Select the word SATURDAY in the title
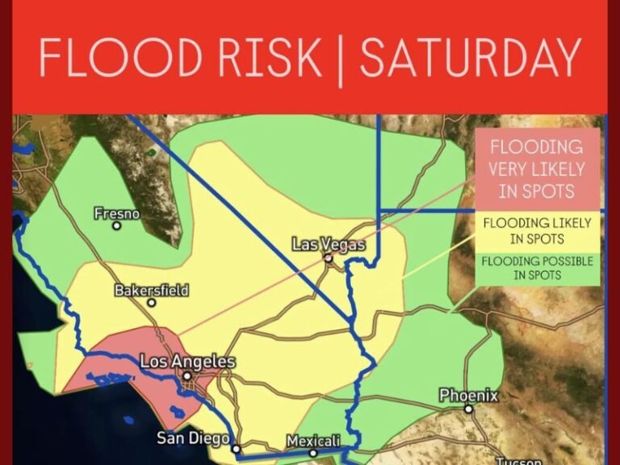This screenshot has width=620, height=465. pos(471,57)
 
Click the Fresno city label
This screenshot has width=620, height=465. pos(116,214)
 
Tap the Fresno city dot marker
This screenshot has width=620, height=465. pos(117,226)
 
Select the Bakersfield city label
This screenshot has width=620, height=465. pos(152,290)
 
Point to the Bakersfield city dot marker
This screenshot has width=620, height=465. pos(151,303)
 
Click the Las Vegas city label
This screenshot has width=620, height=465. pos(329,245)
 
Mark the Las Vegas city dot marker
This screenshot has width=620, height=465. pos(329,258)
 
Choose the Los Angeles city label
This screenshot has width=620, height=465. pos(187,362)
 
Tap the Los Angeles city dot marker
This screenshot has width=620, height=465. pos(187,375)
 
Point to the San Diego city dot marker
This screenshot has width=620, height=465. pos(236,449)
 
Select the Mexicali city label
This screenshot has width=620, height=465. pos(313,441)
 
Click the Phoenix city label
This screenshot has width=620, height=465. pos(468,396)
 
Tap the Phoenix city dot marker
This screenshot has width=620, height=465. pos(468,409)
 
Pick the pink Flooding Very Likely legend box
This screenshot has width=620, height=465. pos(537,169)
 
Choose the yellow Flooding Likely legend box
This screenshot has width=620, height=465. pos(537,230)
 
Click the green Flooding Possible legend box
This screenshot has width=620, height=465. pos(537,268)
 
